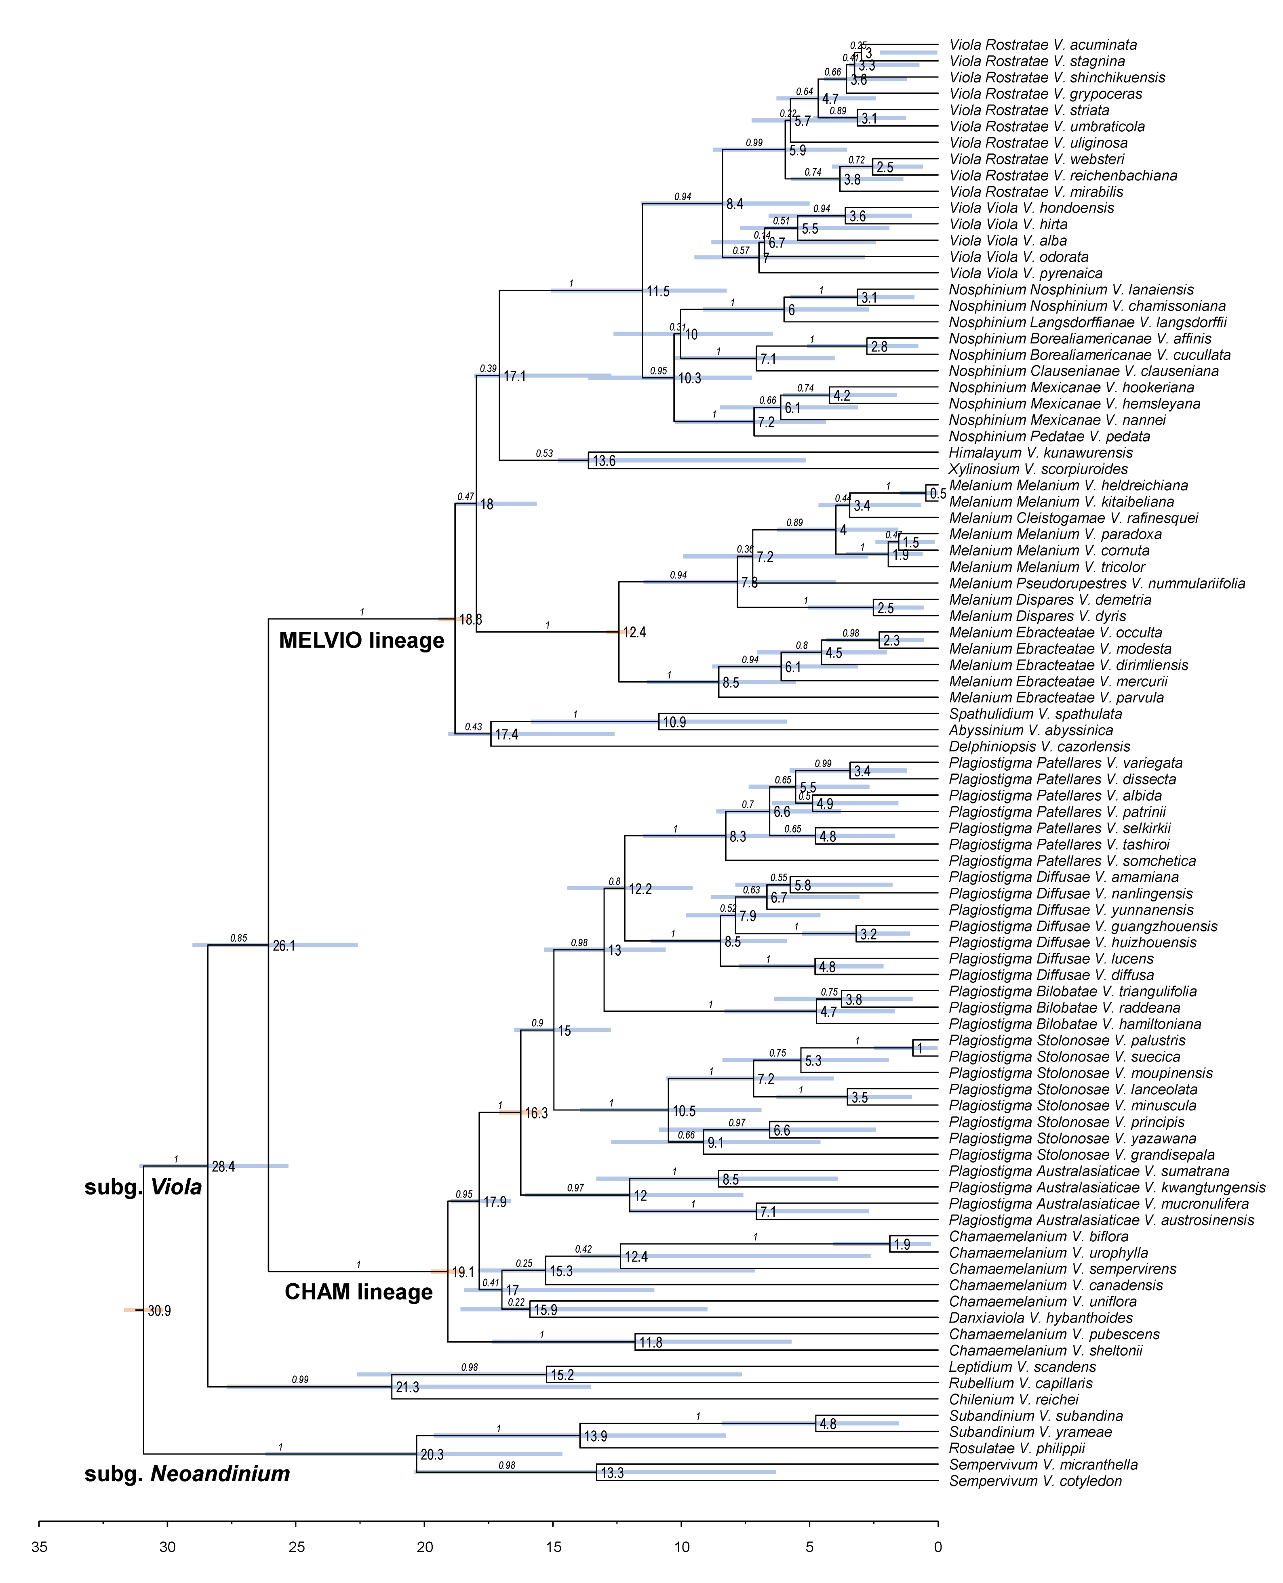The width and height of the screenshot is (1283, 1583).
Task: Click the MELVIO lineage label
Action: coord(361,641)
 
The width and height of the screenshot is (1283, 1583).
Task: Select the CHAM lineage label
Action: coord(358,1292)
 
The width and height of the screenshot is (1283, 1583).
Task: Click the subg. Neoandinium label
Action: coord(187,1474)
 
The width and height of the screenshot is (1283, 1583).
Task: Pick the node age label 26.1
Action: coord(284,946)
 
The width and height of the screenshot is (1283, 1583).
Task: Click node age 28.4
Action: coord(223,1167)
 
